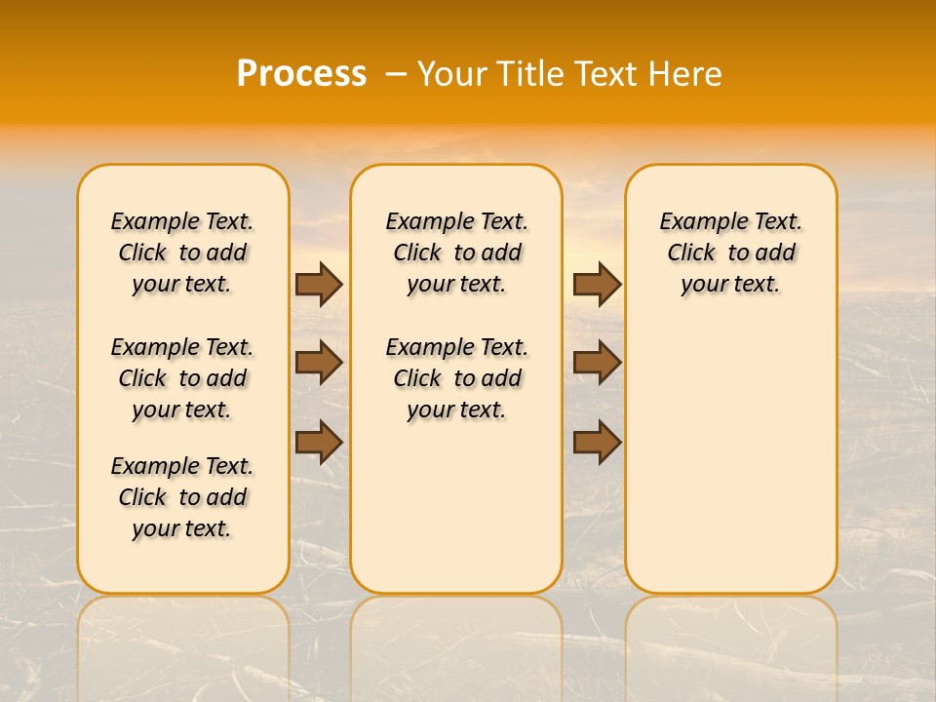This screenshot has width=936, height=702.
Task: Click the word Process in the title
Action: pyautogui.click(x=301, y=74)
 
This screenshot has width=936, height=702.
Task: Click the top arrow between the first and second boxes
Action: pyautogui.click(x=319, y=284)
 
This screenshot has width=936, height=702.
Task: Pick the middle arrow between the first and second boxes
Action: pyautogui.click(x=319, y=363)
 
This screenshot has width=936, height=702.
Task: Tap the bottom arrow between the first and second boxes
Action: pyautogui.click(x=319, y=442)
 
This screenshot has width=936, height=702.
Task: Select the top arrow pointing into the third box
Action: pyautogui.click(x=597, y=284)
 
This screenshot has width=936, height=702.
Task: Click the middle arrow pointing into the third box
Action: pyautogui.click(x=597, y=363)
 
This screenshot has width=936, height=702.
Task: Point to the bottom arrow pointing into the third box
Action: pyautogui.click(x=597, y=442)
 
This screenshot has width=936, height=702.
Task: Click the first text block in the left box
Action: pyautogui.click(x=182, y=253)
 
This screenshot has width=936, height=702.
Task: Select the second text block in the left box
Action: pyautogui.click(x=182, y=378)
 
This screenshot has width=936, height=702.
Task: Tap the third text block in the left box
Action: pyautogui.click(x=182, y=497)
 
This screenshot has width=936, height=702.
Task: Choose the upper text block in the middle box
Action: pyautogui.click(x=456, y=253)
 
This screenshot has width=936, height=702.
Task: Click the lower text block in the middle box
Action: pyautogui.click(x=456, y=378)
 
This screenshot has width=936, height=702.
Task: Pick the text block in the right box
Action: pyautogui.click(x=730, y=253)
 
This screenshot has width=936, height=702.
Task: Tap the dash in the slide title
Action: pyautogui.click(x=396, y=74)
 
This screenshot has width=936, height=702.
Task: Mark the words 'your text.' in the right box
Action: pyautogui.click(x=730, y=285)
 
